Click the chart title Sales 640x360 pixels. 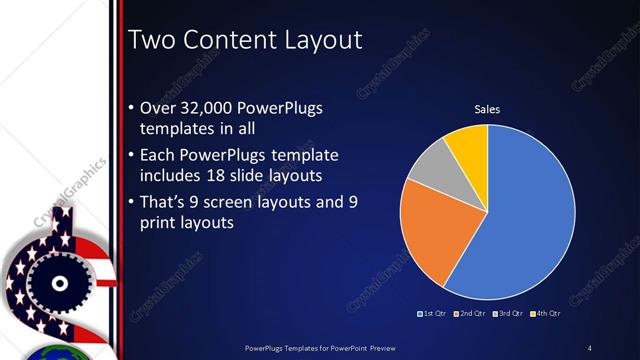point(487,110)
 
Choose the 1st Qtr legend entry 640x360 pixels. point(432,314)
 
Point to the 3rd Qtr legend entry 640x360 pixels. point(508,314)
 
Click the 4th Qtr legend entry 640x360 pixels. point(546,314)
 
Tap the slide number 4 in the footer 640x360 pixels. point(589,348)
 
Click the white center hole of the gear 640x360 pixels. point(59,283)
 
